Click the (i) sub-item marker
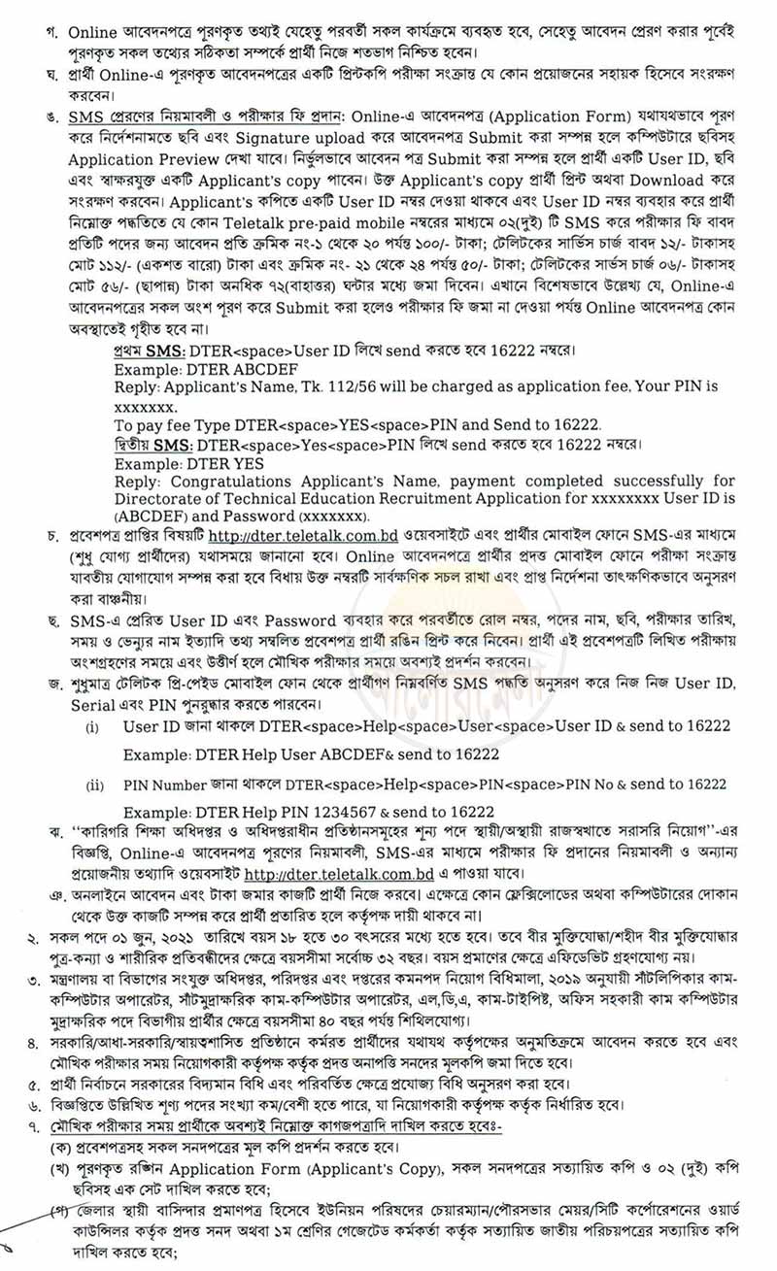click(x=93, y=725)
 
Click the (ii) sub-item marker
click(x=95, y=784)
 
